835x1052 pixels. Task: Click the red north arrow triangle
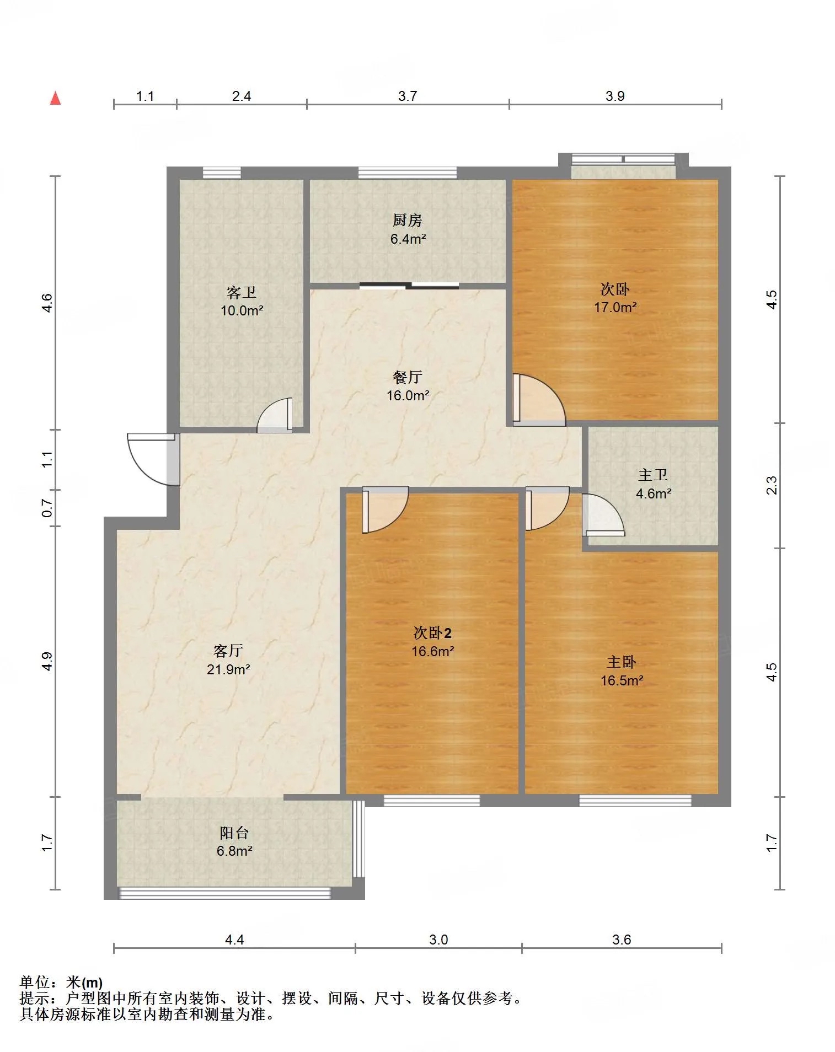(x=55, y=98)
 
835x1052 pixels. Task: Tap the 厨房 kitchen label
(x=408, y=221)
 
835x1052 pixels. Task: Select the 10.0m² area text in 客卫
(x=242, y=310)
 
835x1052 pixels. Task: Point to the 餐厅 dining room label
(x=408, y=377)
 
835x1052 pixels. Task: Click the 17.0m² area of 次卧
(x=615, y=307)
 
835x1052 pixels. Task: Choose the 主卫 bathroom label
(x=653, y=475)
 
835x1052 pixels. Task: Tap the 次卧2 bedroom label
(x=432, y=633)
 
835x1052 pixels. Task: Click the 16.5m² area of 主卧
(x=622, y=680)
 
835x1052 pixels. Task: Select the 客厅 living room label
(x=228, y=651)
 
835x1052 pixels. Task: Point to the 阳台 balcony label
(x=234, y=833)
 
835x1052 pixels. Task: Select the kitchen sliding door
(x=409, y=285)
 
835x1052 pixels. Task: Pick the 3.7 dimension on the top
(x=408, y=96)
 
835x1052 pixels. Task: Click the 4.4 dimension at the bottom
(x=234, y=940)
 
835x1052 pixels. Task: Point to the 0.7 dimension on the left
(x=47, y=508)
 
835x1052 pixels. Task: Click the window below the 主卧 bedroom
(x=635, y=801)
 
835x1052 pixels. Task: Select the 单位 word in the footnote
(x=34, y=982)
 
